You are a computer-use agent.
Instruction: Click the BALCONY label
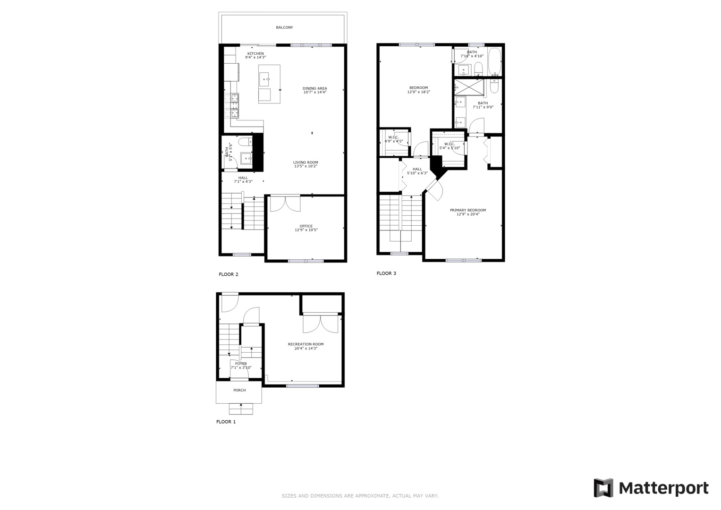284,27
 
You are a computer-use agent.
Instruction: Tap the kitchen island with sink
269,84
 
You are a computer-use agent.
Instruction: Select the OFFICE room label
306,226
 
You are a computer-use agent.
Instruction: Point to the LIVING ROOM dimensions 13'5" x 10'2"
305,166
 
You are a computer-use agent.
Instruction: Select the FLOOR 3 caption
386,273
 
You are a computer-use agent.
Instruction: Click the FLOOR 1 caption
226,422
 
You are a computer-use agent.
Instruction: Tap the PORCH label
239,391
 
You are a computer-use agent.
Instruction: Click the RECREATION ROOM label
305,344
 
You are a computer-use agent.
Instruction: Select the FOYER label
241,364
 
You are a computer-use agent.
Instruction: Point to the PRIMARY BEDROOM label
467,210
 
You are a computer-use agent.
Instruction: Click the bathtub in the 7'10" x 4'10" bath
494,62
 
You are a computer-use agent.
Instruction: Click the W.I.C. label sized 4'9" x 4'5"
393,137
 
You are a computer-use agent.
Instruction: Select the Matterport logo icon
603,488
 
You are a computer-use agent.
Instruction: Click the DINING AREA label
314,88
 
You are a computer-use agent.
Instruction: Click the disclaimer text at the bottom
360,496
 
